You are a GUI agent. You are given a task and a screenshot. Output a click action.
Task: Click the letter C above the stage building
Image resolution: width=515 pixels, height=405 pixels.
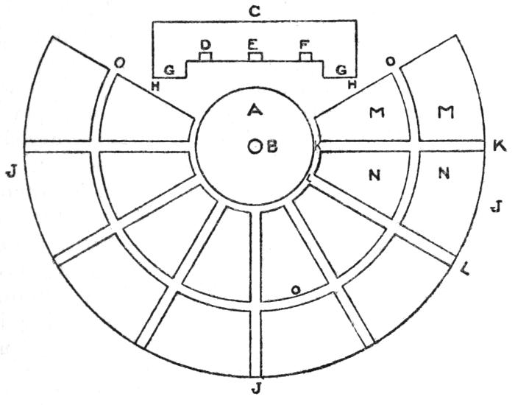tap(255, 12)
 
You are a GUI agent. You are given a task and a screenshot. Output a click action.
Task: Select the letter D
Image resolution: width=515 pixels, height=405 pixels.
tap(205, 45)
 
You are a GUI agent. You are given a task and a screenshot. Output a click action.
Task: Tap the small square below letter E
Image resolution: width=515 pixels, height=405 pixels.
tap(255, 57)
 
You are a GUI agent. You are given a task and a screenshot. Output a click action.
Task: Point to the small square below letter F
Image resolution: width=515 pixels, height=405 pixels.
tap(305, 57)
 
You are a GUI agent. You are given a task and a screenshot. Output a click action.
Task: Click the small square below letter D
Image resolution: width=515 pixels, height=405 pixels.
tap(205, 57)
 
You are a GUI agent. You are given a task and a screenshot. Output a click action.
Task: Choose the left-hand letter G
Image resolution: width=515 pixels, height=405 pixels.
tap(169, 70)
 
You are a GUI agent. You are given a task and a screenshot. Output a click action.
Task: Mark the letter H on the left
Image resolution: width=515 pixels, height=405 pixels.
tap(155, 86)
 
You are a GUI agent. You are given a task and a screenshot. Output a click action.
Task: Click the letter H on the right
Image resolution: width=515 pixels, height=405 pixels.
tap(352, 85)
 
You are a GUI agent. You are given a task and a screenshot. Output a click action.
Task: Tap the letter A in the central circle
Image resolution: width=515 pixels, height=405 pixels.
tap(255, 109)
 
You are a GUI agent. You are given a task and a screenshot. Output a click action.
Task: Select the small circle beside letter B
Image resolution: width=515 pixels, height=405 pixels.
tap(255, 147)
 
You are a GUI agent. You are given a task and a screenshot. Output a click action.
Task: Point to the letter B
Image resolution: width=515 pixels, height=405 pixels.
tap(271, 147)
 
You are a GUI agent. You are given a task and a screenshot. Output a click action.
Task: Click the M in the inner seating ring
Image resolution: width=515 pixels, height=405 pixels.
tap(377, 113)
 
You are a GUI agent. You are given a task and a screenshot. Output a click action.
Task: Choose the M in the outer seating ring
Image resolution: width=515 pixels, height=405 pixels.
tap(446, 112)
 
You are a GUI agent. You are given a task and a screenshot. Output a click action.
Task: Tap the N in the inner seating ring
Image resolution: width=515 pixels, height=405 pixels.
tap(374, 175)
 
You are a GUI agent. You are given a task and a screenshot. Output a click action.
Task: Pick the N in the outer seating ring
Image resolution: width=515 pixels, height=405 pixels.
tap(444, 172)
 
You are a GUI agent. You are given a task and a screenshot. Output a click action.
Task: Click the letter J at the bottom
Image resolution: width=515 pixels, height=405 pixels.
tap(255, 389)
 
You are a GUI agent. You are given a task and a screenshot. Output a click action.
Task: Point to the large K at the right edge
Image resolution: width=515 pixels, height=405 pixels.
tap(500, 146)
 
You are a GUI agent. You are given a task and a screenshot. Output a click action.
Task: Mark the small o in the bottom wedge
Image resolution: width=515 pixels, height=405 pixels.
tap(296, 289)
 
